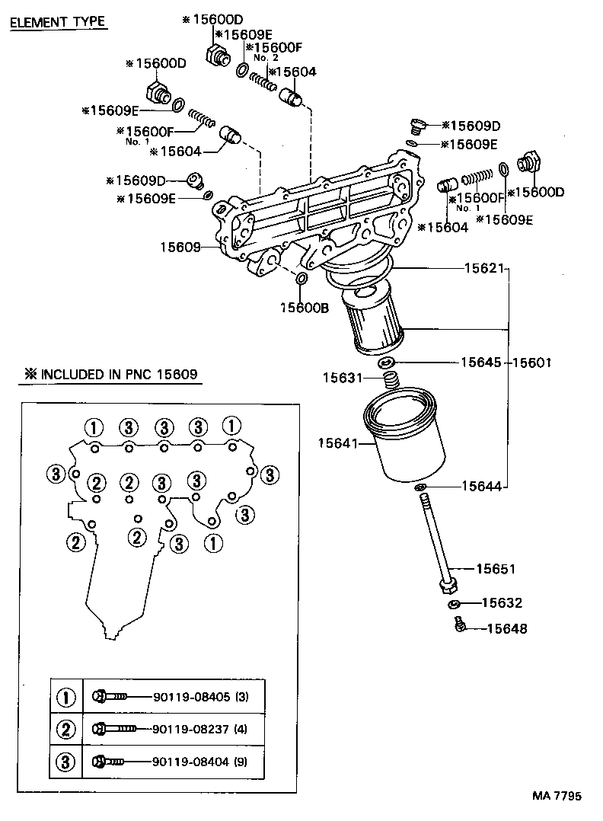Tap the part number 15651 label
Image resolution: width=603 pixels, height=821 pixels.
tap(496, 569)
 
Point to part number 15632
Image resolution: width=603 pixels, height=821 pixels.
tap(502, 603)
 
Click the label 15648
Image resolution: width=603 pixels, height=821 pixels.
tap(506, 629)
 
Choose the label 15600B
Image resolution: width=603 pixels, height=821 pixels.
tap(305, 307)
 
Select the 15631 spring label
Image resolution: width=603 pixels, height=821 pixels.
tap(343, 378)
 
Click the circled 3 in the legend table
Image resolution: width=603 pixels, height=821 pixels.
tap(67, 761)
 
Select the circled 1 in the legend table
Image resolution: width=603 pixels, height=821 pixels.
tap(67, 697)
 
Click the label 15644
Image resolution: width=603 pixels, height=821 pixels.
tap(481, 486)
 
